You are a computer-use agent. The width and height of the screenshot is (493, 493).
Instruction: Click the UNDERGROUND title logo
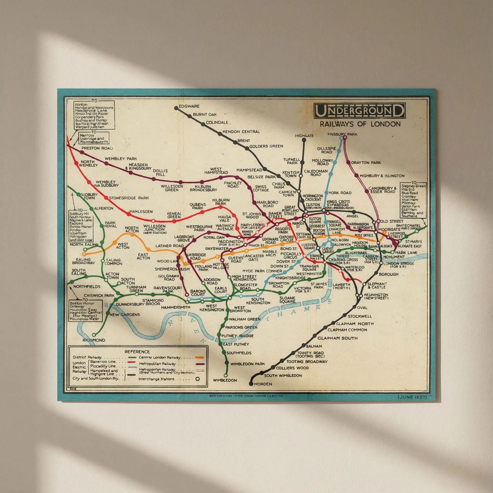[359, 111]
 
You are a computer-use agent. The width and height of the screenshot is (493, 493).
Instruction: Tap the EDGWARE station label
[189, 106]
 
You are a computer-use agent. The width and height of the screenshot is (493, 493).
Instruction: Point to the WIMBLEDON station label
[225, 380]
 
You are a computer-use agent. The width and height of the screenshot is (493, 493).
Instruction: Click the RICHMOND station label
[94, 340]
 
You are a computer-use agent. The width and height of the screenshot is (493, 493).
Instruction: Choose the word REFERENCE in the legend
[137, 352]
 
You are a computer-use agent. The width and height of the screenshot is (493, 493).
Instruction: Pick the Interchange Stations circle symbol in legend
[198, 379]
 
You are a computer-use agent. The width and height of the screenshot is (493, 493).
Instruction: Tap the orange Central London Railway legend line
[199, 357]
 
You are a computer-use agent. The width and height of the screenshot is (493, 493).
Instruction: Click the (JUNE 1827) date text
[412, 397]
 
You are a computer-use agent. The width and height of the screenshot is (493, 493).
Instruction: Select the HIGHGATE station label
[304, 136]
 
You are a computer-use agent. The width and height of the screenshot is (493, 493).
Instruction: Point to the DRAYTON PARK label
[366, 162]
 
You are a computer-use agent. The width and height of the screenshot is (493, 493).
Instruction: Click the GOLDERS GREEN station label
[266, 146]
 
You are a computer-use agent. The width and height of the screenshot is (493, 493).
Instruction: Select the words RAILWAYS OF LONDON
[360, 124]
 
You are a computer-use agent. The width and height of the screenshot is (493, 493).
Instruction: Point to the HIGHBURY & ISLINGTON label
[382, 176]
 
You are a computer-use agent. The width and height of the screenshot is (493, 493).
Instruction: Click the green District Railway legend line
[132, 357]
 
